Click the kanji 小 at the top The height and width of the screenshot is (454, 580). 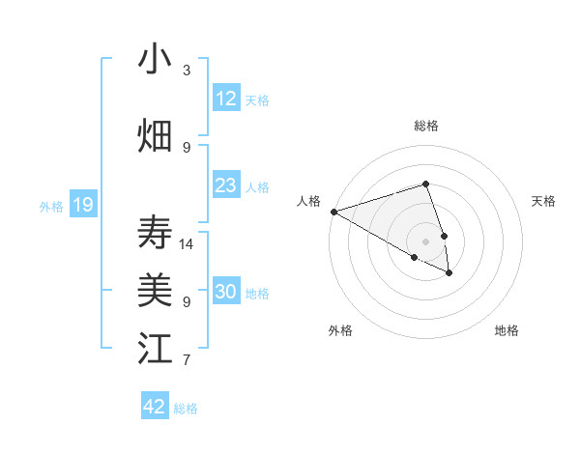pos(155,60)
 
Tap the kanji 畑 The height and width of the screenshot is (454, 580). pos(155,136)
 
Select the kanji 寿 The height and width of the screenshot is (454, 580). pos(155,232)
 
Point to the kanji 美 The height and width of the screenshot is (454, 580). pos(155,289)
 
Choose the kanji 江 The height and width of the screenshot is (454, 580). pos(155,348)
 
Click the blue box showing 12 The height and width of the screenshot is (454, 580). pos(226,99)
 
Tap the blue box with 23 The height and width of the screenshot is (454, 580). pos(226,185)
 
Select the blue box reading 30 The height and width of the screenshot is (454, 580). pos(226,293)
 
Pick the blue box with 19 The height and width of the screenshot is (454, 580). pos(83,204)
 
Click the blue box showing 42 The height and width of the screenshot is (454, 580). pos(155,406)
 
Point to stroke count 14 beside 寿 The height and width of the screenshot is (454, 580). pos(187,244)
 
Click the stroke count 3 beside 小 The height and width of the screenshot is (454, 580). pos(187,71)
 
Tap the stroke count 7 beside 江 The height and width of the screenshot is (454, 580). pos(187,361)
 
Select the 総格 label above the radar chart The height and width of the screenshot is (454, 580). pos(425,126)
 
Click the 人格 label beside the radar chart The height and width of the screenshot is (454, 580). pos(309,201)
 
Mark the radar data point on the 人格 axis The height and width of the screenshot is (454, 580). pos(333,212)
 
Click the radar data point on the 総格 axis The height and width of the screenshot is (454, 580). pos(425,184)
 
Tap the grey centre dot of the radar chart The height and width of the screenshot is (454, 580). pos(425,241)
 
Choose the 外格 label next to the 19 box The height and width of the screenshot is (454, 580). pos(50,206)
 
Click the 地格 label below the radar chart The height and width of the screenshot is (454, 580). pos(507,331)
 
